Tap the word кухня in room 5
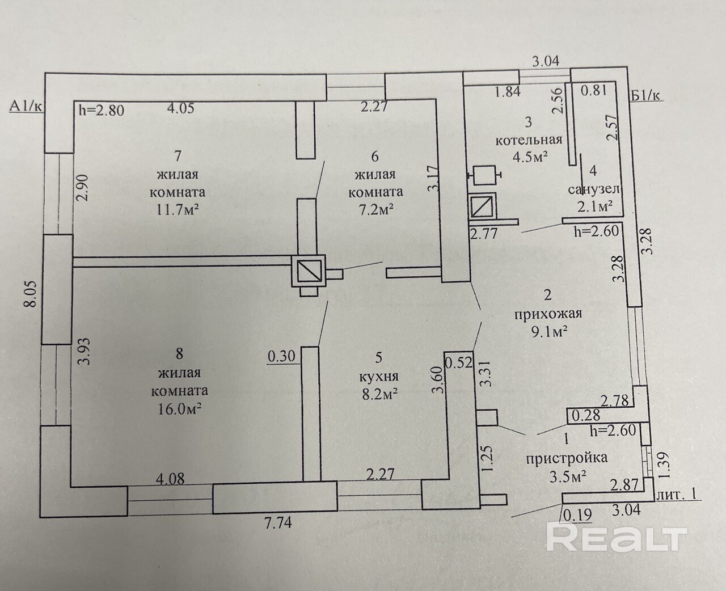(379, 376)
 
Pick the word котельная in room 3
(529, 140)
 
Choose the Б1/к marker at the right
(647, 95)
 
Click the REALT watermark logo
(617, 537)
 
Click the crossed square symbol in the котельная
(482, 205)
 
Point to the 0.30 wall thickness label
(281, 356)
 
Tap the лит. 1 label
(676, 495)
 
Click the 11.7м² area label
(178, 210)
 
